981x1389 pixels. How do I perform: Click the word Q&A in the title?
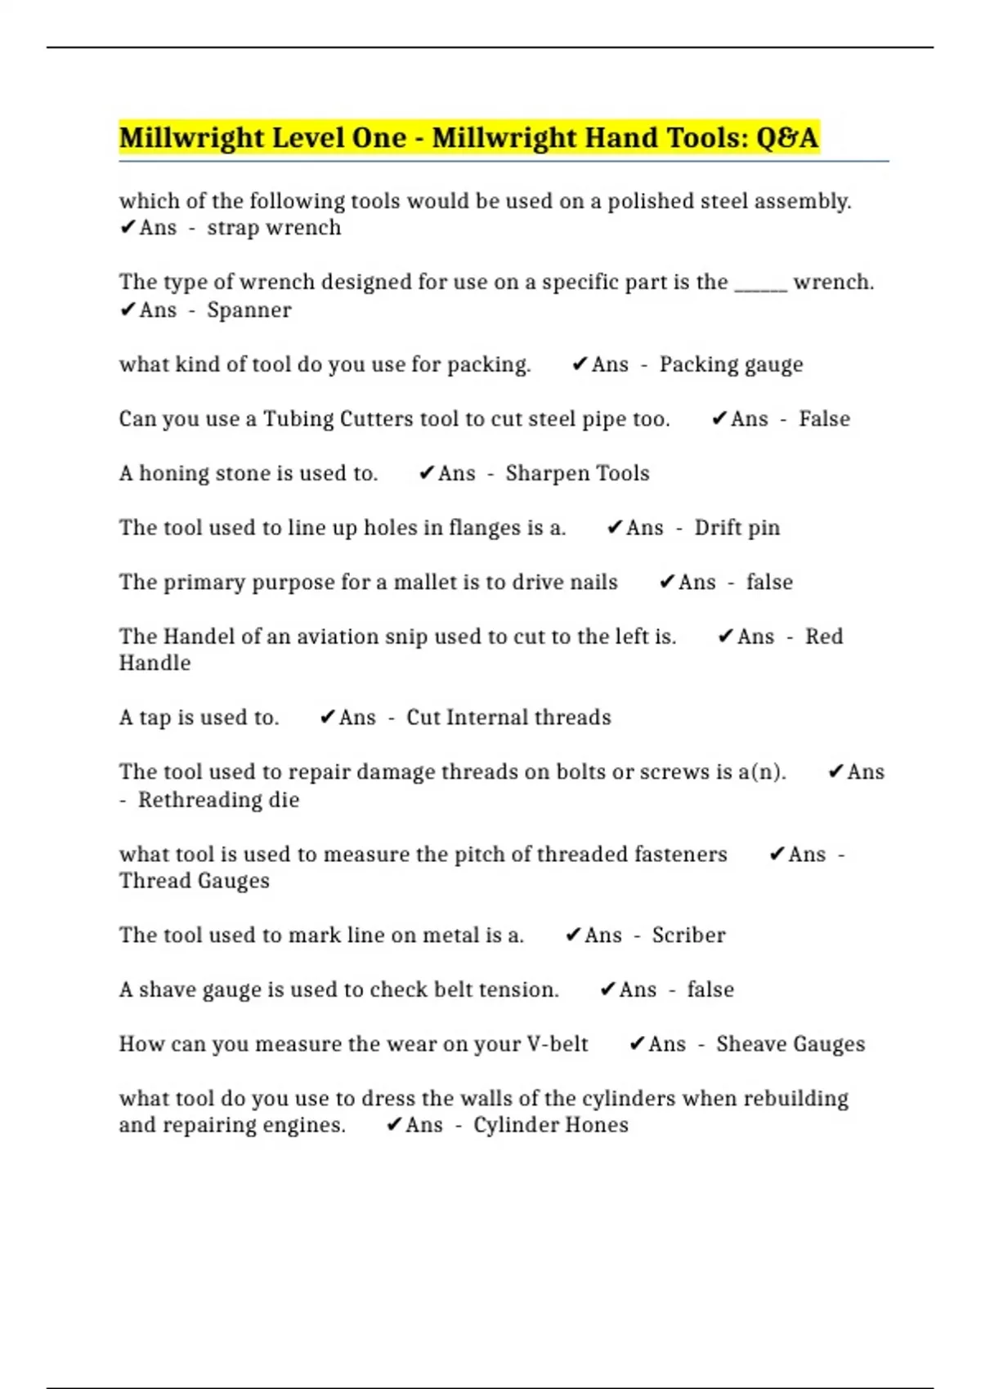pos(786,138)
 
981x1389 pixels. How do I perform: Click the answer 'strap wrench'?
pos(274,228)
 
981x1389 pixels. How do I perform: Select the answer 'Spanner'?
pos(249,310)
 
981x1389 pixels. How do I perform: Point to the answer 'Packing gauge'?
pos(731,364)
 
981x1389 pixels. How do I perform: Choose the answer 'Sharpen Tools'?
pos(577,474)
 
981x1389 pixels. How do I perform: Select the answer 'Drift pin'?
pos(737,528)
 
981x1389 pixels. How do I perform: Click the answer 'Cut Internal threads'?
pos(508,718)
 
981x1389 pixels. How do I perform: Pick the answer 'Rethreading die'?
pos(218,800)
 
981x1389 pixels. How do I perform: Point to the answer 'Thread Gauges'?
pos(194,881)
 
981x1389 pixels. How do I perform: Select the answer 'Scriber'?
pos(688,936)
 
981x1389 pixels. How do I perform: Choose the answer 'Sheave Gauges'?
pos(790,1044)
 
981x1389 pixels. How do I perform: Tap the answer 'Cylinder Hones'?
pos(550,1125)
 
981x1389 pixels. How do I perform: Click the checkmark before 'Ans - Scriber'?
pos(573,936)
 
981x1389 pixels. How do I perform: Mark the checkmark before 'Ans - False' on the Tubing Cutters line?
pos(719,419)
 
